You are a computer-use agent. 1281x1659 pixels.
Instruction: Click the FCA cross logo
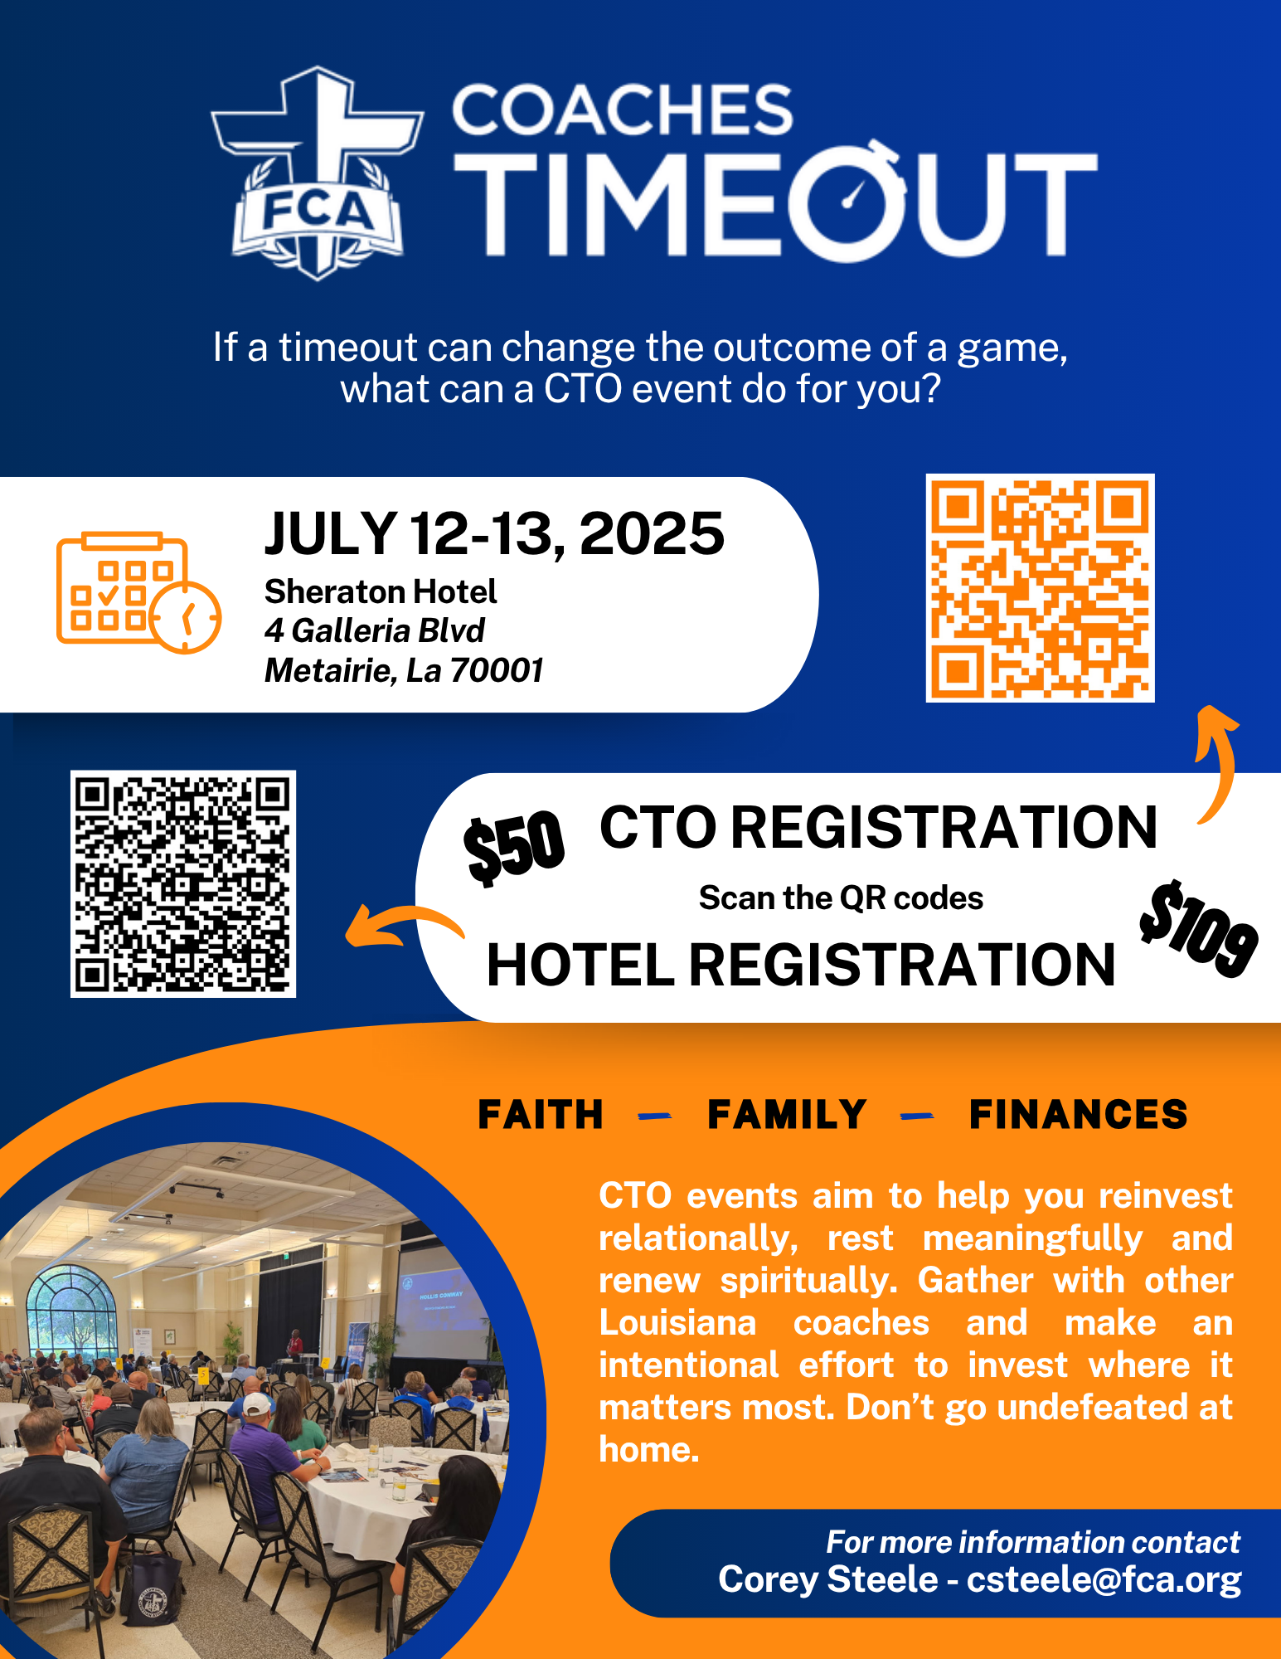tap(317, 173)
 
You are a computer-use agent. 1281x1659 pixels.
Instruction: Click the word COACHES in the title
tap(623, 109)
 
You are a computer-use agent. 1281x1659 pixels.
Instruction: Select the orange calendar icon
tap(138, 592)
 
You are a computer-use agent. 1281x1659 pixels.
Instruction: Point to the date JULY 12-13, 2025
tap(494, 533)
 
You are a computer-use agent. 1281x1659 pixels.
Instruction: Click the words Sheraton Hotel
tap(381, 591)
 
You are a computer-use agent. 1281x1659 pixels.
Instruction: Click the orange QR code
tap(1040, 588)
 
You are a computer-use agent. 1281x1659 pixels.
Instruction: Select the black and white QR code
tap(183, 883)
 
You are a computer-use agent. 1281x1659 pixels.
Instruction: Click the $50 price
tap(514, 847)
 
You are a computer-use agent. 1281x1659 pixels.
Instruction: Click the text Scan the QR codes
tap(841, 898)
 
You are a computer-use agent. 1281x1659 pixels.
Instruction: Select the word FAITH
tap(541, 1115)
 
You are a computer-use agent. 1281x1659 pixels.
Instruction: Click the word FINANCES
tap(1079, 1115)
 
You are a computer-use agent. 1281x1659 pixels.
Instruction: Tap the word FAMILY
tap(787, 1115)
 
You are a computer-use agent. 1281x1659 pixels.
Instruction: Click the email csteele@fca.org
tap(1104, 1579)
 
